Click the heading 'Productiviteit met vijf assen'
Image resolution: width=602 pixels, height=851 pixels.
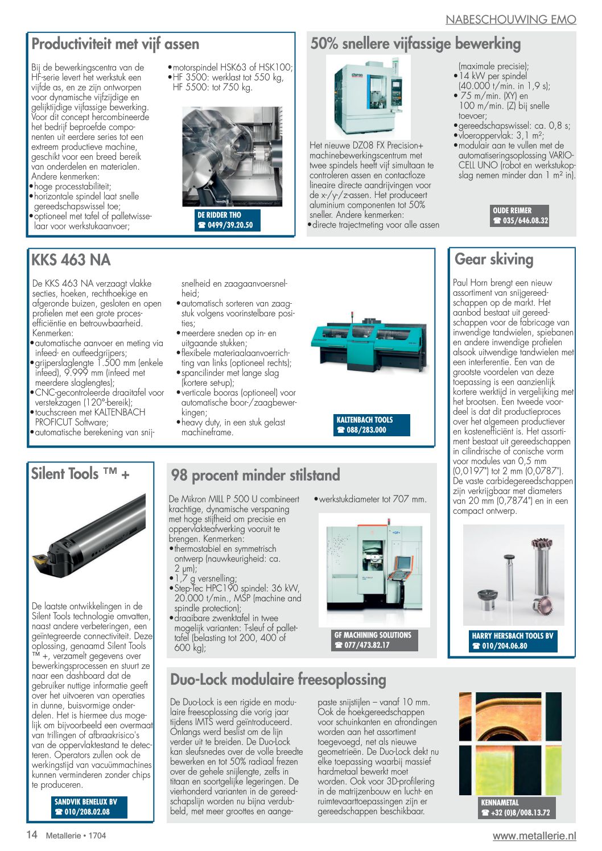[x=115, y=44]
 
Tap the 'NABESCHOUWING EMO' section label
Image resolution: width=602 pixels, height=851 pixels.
[x=510, y=19]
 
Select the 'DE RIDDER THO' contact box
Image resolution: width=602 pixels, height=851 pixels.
[x=227, y=220]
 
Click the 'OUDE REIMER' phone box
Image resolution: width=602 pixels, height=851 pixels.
[x=520, y=216]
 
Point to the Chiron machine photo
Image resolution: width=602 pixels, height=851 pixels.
[x=368, y=96]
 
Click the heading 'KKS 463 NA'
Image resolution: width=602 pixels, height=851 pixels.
[x=71, y=260]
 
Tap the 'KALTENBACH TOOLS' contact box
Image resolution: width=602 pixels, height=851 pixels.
[x=371, y=425]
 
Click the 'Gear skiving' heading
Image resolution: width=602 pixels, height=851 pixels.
[x=493, y=259]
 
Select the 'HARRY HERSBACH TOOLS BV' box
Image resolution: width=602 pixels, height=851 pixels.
[x=512, y=641]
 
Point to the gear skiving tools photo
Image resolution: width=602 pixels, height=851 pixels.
[x=513, y=575]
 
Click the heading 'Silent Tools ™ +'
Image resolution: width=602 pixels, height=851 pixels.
[x=80, y=474]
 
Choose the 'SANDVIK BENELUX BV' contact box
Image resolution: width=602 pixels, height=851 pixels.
[x=89, y=807]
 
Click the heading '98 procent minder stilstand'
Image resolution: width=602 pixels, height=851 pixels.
[x=255, y=475]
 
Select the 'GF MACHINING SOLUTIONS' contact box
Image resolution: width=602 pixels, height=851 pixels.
[x=374, y=640]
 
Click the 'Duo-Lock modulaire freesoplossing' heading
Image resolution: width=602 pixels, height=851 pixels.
[x=278, y=679]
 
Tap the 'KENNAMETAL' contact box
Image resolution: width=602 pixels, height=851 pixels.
[x=516, y=807]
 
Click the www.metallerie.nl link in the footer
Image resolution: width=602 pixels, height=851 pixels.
[x=534, y=836]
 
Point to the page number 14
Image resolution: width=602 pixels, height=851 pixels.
[x=32, y=835]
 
